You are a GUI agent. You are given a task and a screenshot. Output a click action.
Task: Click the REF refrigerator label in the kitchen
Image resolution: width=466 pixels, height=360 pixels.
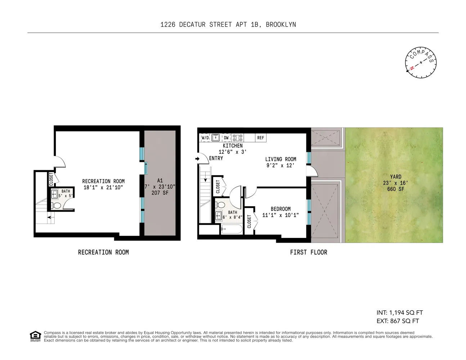tap(260, 138)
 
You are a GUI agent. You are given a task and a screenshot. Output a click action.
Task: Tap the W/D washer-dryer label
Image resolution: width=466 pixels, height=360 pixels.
tap(205, 138)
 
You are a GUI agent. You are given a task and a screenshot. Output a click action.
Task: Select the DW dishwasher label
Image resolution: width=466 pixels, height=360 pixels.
tap(226, 138)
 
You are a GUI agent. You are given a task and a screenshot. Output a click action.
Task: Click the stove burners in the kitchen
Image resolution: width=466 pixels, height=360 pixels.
tap(237, 138)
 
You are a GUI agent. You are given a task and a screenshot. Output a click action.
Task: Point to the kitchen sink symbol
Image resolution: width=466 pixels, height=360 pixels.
tap(215, 138)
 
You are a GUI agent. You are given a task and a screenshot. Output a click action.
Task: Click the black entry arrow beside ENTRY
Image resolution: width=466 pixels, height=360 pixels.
tap(197, 159)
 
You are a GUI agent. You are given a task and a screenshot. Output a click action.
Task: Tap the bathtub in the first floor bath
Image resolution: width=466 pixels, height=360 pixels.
tap(232, 229)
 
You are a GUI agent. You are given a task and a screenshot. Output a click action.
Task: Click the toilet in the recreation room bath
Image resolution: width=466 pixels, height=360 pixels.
tap(56, 206)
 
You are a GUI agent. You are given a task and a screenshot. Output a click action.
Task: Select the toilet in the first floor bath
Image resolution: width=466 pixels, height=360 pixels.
tap(220, 204)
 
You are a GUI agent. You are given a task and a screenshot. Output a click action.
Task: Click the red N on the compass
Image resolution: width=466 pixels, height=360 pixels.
tap(412, 68)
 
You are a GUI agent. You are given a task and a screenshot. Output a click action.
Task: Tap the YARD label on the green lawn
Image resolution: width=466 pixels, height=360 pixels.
tap(396, 177)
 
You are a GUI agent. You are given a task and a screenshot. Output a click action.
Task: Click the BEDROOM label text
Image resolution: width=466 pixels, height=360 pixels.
tap(281, 209)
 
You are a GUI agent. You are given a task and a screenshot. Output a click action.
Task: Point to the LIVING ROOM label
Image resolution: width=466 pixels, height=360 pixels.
tap(281, 159)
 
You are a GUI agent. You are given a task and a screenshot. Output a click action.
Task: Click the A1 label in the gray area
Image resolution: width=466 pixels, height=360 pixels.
tap(160, 180)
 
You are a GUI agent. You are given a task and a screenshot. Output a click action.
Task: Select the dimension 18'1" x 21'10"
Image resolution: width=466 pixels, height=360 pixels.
tap(103, 188)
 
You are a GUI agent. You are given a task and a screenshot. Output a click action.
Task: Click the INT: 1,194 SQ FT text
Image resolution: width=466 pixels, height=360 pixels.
tap(400, 312)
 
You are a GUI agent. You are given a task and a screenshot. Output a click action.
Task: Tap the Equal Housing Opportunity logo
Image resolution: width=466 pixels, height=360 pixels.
tap(35, 336)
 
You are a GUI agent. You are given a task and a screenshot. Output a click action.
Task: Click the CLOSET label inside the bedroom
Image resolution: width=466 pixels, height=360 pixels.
tap(249, 221)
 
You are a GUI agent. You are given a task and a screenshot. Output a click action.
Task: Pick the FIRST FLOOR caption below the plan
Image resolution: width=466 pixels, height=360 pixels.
tap(309, 252)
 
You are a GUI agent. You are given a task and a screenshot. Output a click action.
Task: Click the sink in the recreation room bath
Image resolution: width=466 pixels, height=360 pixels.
tap(54, 194)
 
